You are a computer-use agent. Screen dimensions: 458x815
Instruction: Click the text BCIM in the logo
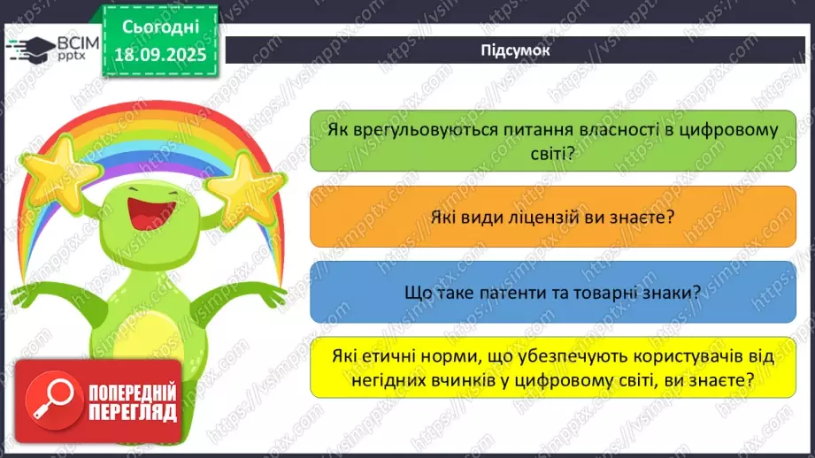pos(77,42)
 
